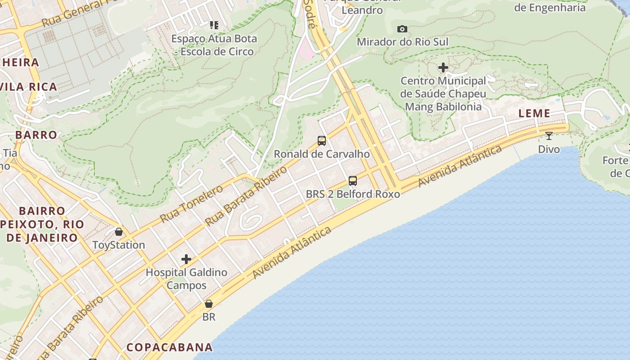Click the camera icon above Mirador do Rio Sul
tap(402, 29)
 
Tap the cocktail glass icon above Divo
tap(549, 135)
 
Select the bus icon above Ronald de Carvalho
tap(322, 140)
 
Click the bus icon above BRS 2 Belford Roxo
tap(353, 181)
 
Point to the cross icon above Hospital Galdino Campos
tap(186, 259)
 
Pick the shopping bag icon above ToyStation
tap(119, 232)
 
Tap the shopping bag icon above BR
tap(209, 304)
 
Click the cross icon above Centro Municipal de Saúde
tap(443, 67)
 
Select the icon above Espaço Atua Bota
tap(214, 25)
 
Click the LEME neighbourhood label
tap(534, 113)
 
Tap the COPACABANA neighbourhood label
tap(170, 347)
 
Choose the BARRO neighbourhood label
tap(36, 135)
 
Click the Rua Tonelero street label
tap(191, 204)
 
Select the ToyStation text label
tap(119, 245)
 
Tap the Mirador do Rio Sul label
tap(402, 42)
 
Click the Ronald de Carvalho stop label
tap(322, 154)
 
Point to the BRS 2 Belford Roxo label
tap(353, 194)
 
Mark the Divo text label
tap(549, 149)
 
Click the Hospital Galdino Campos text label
tap(186, 279)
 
